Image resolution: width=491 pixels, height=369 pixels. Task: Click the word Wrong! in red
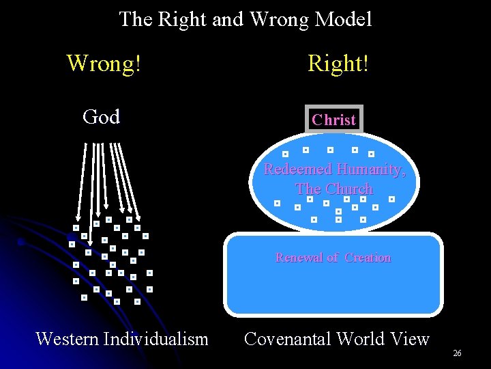(x=104, y=64)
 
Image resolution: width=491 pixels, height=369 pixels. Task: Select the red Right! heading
(x=338, y=64)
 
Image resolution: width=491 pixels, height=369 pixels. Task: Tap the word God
(x=101, y=117)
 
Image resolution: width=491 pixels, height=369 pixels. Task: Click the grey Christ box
(x=334, y=120)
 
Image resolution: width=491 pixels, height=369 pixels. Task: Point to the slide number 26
(x=457, y=353)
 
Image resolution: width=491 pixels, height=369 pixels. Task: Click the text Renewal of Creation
(x=333, y=258)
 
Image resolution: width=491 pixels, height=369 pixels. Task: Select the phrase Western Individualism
(x=121, y=338)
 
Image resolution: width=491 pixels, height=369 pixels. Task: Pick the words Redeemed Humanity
(x=334, y=169)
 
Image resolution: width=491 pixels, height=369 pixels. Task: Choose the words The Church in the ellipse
(x=334, y=189)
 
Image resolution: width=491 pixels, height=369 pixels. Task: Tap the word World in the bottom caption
(x=359, y=338)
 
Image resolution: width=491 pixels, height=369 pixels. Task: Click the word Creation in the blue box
(x=368, y=258)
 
